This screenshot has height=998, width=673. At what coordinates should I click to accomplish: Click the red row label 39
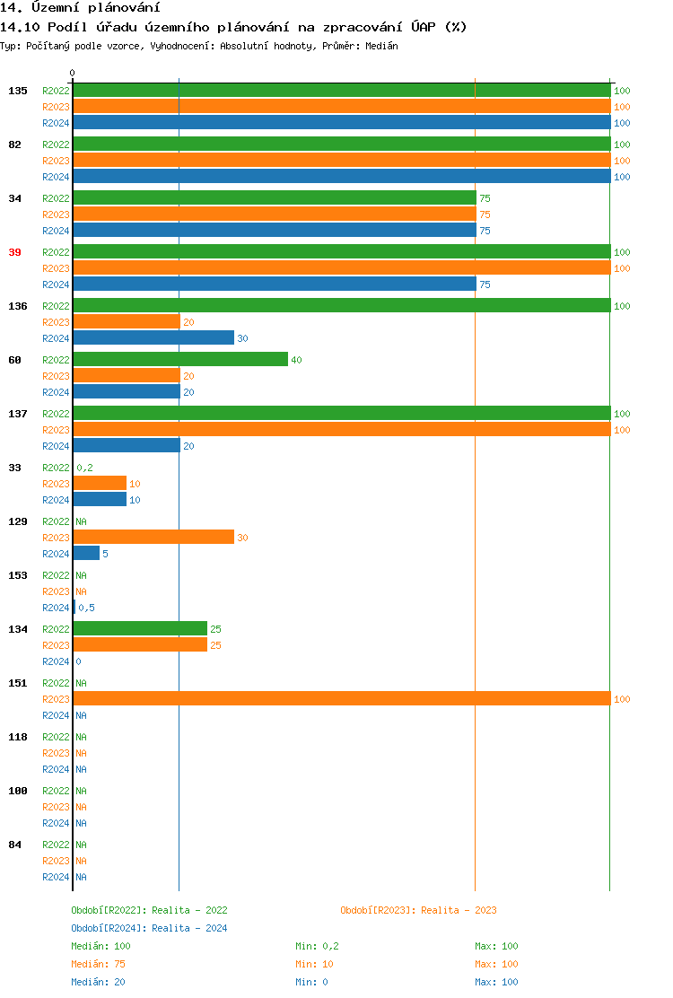[x=14, y=252]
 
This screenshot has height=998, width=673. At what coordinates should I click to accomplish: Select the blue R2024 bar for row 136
[x=153, y=338]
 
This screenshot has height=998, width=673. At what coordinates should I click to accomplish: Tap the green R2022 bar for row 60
[x=180, y=360]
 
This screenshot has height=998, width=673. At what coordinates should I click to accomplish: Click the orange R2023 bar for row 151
[x=341, y=699]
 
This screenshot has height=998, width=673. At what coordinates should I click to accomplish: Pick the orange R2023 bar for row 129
[x=153, y=538]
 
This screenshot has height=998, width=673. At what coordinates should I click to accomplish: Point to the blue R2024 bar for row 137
[x=127, y=446]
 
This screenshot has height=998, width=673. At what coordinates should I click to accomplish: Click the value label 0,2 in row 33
[x=85, y=468]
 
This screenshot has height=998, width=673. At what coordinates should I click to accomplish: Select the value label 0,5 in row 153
[x=87, y=608]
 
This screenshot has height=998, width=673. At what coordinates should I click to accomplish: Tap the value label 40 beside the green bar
[x=296, y=360]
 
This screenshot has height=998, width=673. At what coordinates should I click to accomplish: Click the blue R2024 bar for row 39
[x=275, y=285]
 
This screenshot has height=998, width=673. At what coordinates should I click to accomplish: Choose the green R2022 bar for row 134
[x=140, y=629]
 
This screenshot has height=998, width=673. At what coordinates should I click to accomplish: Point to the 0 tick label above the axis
[x=73, y=73]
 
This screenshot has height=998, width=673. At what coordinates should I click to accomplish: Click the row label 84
[x=14, y=845]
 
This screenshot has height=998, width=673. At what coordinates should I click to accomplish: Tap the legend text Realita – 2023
[x=459, y=910]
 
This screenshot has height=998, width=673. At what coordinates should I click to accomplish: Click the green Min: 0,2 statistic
[x=317, y=946]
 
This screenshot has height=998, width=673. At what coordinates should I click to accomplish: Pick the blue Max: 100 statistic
[x=496, y=982]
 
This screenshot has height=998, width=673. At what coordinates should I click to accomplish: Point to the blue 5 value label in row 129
[x=105, y=554]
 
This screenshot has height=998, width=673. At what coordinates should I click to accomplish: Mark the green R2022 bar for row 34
[x=275, y=198]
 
